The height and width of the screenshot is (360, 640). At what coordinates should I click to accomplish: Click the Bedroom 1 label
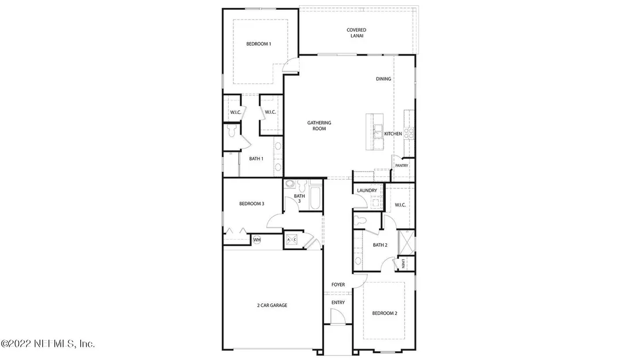tap(258, 44)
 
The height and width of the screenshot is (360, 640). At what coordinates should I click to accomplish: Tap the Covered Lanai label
tap(356, 33)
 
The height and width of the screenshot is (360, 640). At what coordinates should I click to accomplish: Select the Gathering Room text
tap(319, 126)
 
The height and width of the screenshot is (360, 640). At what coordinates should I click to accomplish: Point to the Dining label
tap(384, 79)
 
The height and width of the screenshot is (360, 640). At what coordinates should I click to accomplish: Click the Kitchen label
tap(393, 133)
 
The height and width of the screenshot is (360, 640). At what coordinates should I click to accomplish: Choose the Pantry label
tap(401, 165)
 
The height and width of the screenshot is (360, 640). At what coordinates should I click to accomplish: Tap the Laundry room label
tap(367, 190)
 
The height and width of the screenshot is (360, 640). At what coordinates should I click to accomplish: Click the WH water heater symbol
tap(256, 240)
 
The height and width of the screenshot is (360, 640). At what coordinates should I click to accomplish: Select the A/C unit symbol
tap(292, 240)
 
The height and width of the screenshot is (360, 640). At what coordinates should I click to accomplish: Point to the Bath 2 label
tap(380, 245)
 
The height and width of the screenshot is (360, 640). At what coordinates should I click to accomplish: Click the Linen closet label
tap(403, 263)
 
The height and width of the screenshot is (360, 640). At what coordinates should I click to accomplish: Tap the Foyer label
tap(338, 284)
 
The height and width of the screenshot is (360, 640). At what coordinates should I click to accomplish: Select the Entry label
tap(338, 302)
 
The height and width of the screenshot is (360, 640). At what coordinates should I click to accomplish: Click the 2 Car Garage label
tap(272, 305)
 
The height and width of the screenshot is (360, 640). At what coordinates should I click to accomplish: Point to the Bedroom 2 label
tap(385, 313)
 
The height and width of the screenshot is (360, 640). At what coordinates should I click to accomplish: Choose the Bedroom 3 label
tap(251, 203)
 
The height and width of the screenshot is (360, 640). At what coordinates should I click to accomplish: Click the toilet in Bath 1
tap(232, 131)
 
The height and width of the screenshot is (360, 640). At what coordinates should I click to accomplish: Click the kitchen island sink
tap(378, 131)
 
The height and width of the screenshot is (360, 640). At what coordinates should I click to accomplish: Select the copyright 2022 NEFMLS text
tap(48, 344)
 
